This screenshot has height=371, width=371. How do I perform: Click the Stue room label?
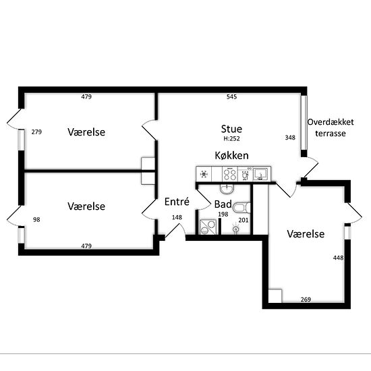(x=231, y=130)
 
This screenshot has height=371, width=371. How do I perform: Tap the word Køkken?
(x=231, y=156)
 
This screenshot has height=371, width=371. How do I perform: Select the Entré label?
(x=177, y=202)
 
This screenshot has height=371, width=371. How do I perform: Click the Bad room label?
(x=223, y=204)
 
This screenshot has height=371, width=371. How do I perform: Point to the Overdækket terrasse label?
(x=331, y=127)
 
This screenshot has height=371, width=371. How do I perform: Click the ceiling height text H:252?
(x=231, y=139)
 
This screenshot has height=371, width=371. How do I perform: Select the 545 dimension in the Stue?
(x=231, y=96)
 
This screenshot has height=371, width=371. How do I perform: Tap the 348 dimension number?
(x=290, y=138)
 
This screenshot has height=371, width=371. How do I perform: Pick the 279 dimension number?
(x=36, y=132)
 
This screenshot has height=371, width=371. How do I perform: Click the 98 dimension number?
(x=36, y=220)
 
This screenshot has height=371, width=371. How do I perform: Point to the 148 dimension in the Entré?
(x=177, y=217)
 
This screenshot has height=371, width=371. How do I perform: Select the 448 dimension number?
(x=338, y=258)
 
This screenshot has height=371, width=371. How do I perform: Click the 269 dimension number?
(x=306, y=299)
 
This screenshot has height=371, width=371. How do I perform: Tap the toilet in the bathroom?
(x=241, y=208)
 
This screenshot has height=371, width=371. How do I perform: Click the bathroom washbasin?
(x=227, y=189)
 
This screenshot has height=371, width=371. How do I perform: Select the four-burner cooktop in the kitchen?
(x=230, y=175)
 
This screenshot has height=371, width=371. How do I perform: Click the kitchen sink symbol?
(x=261, y=174)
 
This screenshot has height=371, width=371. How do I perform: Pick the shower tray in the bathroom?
(x=208, y=227)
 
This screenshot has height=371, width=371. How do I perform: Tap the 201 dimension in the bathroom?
(x=244, y=221)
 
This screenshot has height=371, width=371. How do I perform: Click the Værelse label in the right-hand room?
(x=306, y=234)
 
